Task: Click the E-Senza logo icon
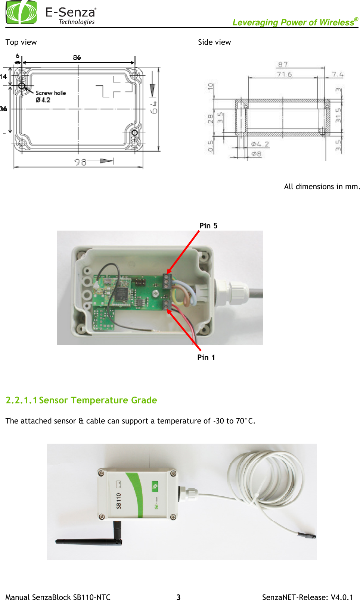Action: pyautogui.click(x=21, y=12)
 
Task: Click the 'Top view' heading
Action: pyautogui.click(x=21, y=42)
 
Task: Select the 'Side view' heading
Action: pyautogui.click(x=214, y=42)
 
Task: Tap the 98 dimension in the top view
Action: pyautogui.click(x=80, y=162)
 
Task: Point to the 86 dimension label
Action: pyautogui.click(x=77, y=57)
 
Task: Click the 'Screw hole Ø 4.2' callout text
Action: pyautogui.click(x=50, y=96)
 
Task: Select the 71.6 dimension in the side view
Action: pyautogui.click(x=284, y=74)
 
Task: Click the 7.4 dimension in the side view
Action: pyautogui.click(x=337, y=74)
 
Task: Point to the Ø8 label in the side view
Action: pyautogui.click(x=256, y=153)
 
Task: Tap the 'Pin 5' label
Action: pyautogui.click(x=208, y=226)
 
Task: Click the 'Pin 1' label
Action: pyautogui.click(x=206, y=357)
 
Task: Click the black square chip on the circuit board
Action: pyautogui.click(x=121, y=294)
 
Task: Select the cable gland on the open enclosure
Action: pyautogui.click(x=232, y=293)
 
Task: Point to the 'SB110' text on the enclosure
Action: pyautogui.click(x=119, y=500)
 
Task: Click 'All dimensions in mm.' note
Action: pyautogui.click(x=322, y=187)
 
